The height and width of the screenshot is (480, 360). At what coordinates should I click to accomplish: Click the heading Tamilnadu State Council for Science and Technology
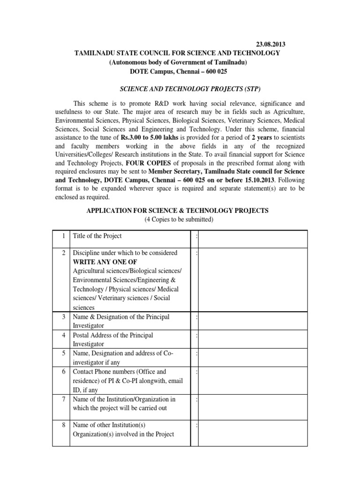click(178, 53)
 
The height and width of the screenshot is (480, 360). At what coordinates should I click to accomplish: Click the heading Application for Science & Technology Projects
click(178, 211)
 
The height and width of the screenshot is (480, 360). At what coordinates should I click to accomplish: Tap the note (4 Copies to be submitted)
click(178, 220)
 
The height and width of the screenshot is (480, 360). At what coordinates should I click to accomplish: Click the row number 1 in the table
click(64, 236)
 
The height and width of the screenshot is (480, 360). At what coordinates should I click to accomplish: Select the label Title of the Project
click(97, 236)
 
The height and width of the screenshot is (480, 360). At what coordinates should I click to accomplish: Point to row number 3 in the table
click(64, 317)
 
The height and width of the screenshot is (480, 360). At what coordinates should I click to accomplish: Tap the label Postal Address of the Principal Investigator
click(112, 340)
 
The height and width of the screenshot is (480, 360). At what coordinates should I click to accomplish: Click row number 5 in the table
click(64, 353)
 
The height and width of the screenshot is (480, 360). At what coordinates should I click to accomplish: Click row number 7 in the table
click(64, 399)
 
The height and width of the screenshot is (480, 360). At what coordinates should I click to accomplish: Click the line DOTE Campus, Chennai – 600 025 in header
click(178, 71)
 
